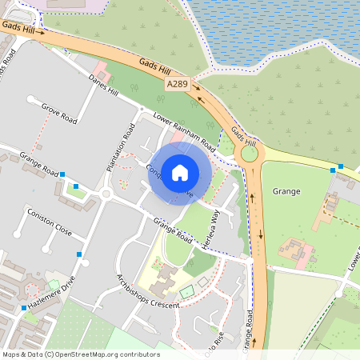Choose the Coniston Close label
click(x=50, y=223)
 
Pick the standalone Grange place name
click(x=286, y=191)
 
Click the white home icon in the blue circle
click(x=180, y=173)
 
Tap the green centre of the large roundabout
click(x=250, y=153)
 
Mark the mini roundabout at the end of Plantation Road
click(x=106, y=194)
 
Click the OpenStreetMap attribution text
click(x=80, y=354)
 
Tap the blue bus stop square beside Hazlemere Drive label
click(x=24, y=307)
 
